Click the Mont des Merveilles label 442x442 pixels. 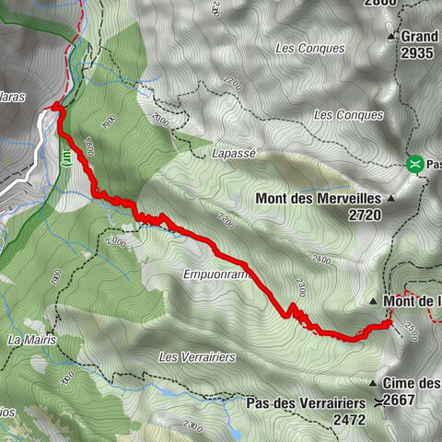point(320,197)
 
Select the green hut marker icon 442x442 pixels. point(416,165)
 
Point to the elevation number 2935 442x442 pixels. point(416,52)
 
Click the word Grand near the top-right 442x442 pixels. point(422,37)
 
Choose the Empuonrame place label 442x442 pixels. point(217,273)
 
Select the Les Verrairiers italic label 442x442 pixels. point(198,356)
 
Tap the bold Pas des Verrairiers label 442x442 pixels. point(308,402)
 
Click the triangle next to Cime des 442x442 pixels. point(374,383)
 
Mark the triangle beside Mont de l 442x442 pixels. point(373,302)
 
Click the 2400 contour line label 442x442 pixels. point(321,261)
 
